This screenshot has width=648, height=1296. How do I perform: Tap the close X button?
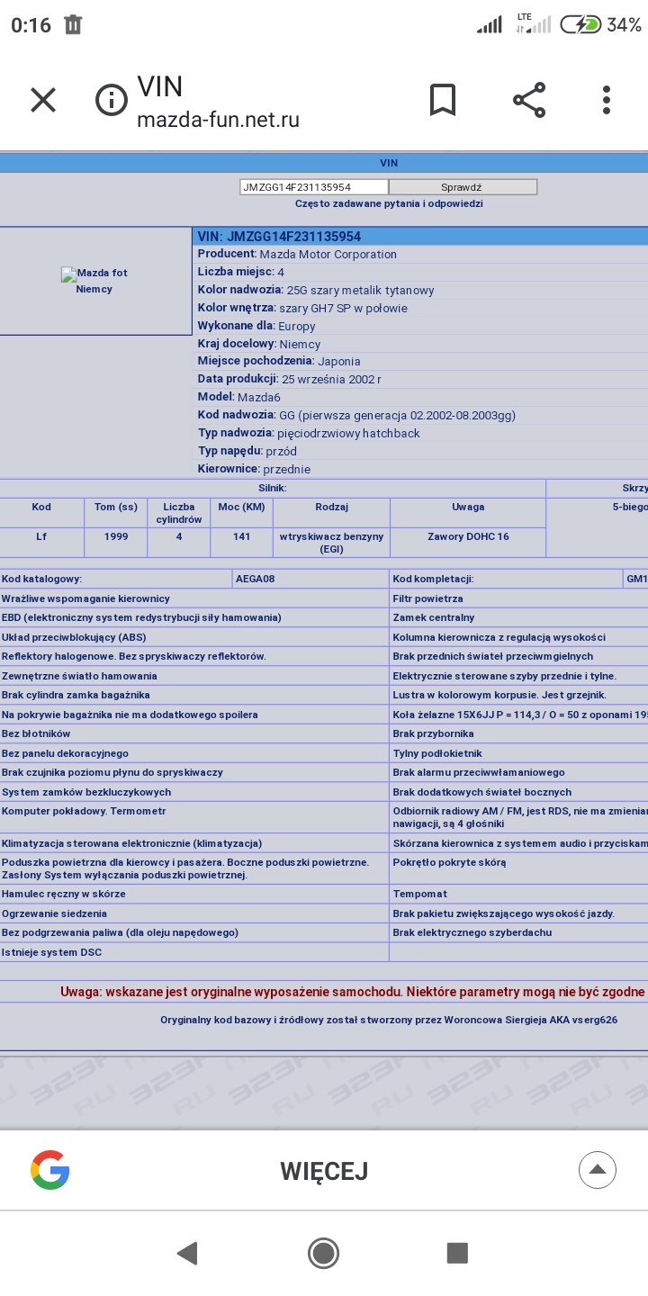click(43, 100)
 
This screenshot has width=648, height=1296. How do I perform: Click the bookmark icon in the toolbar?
click(442, 100)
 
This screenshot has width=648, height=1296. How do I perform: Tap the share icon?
click(529, 100)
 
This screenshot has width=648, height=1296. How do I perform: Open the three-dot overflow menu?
click(607, 100)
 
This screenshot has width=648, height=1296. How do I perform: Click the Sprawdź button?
click(463, 187)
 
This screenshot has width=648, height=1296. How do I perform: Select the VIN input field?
click(313, 187)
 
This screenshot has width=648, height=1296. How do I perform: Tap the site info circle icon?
click(112, 100)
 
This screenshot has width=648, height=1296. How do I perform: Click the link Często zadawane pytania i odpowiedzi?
click(389, 203)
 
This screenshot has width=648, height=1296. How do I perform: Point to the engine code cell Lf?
click(41, 536)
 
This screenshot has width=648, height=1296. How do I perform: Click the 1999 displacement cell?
click(116, 536)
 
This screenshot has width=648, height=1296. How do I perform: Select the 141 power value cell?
click(240, 536)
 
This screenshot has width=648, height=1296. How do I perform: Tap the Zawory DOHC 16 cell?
click(468, 536)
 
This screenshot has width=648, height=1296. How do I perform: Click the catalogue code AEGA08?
click(256, 579)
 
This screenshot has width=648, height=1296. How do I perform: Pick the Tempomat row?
click(420, 894)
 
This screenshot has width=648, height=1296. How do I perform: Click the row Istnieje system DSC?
click(52, 952)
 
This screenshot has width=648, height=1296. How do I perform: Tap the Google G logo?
click(49, 1170)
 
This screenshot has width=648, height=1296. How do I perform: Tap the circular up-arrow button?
click(597, 1170)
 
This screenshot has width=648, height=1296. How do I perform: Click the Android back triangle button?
click(187, 1253)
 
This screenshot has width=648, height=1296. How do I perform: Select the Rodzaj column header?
click(331, 507)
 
